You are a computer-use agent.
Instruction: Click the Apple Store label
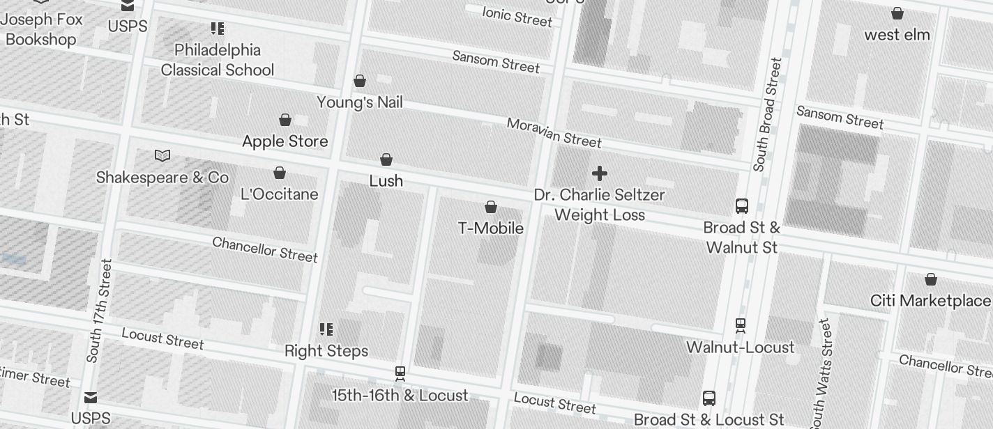pyautogui.click(x=285, y=141)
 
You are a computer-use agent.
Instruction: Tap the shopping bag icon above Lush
pyautogui.click(x=386, y=160)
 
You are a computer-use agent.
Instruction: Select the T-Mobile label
pyautogui.click(x=490, y=228)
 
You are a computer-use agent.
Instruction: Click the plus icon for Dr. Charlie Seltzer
pyautogui.click(x=599, y=173)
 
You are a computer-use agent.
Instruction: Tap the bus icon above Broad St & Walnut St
pyautogui.click(x=741, y=206)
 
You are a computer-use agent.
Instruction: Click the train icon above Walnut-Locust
pyautogui.click(x=740, y=325)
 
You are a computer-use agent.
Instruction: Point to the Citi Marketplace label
pyautogui.click(x=930, y=300)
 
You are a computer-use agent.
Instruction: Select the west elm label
pyautogui.click(x=897, y=34)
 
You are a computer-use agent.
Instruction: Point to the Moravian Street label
pyautogui.click(x=554, y=132)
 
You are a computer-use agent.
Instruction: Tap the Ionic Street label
pyautogui.click(x=517, y=16)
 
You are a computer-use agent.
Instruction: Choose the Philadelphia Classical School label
pyautogui.click(x=218, y=60)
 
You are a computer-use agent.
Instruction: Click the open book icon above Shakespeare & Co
pyautogui.click(x=162, y=155)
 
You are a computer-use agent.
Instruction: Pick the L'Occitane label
pyautogui.click(x=279, y=194)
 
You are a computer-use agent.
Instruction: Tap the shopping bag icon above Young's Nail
pyautogui.click(x=360, y=81)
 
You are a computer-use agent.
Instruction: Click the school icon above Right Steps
pyautogui.click(x=326, y=329)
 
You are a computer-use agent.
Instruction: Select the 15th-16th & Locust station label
pyautogui.click(x=400, y=395)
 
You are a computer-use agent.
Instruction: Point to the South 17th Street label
pyautogui.click(x=99, y=311)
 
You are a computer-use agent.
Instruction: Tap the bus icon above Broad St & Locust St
pyautogui.click(x=708, y=398)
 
